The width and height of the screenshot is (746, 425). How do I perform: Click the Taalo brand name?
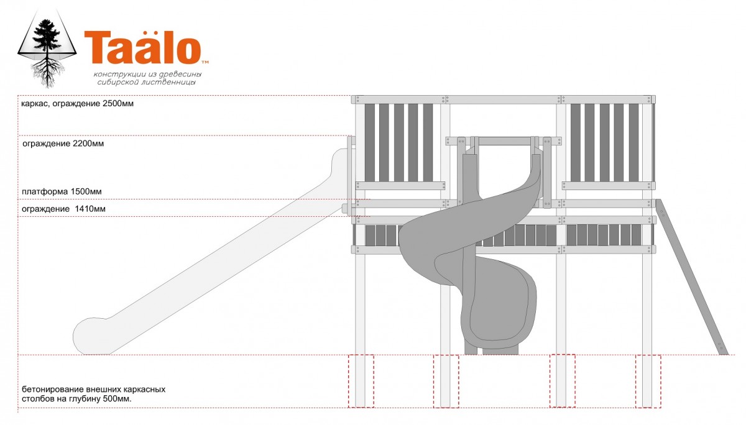142,48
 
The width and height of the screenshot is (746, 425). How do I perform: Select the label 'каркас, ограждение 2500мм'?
76,104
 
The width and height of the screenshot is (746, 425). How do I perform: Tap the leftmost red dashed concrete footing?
361,381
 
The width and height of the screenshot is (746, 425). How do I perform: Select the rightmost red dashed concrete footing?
648,381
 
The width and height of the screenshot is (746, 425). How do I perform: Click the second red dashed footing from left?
446,381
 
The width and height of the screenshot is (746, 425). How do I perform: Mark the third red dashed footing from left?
562,381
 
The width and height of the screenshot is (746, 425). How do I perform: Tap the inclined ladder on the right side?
692,276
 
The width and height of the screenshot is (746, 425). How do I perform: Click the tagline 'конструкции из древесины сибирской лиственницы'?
147,78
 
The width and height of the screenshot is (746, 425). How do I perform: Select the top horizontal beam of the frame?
504,99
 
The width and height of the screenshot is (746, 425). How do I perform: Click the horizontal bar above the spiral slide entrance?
504,141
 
